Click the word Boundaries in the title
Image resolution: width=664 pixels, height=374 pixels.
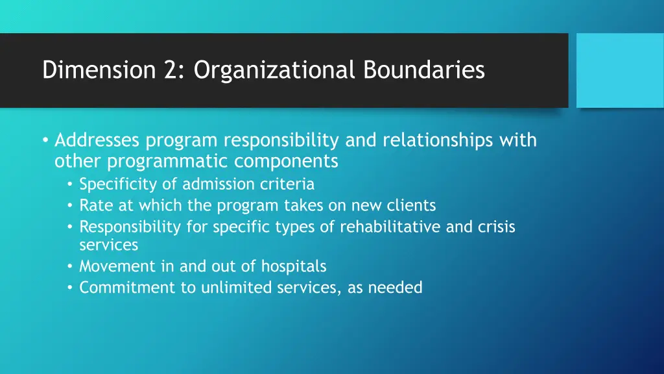(x=424, y=70)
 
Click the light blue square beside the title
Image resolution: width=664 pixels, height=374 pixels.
(x=620, y=70)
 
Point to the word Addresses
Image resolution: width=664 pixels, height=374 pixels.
(x=98, y=140)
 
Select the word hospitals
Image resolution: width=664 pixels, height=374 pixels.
(x=294, y=266)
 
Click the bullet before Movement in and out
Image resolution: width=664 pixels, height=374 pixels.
(x=70, y=267)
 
